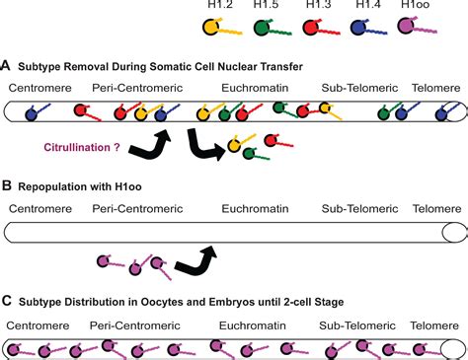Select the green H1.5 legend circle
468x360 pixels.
(x=260, y=28)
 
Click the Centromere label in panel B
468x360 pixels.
(x=39, y=207)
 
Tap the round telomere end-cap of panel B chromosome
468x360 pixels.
(x=454, y=233)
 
